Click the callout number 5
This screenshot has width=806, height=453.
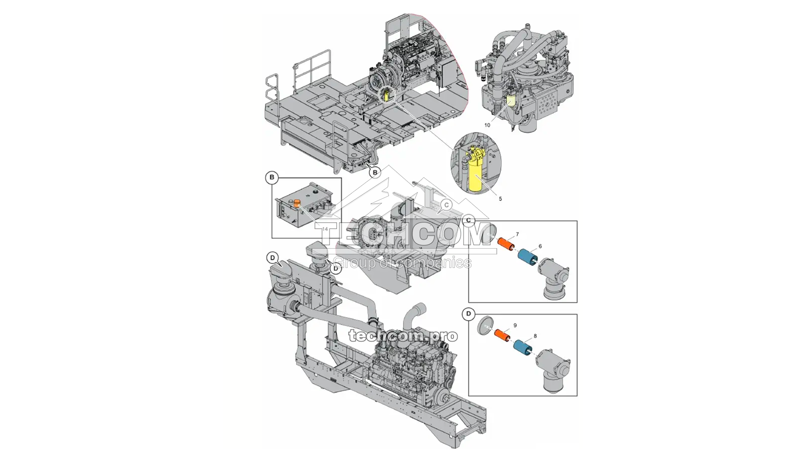500,199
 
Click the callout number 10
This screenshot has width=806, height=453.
487,125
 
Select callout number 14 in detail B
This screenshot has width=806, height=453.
325,229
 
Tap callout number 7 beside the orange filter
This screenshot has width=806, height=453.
517,235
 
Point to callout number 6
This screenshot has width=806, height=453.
540,247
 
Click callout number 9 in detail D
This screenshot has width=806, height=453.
515,326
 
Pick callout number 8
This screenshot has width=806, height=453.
535,336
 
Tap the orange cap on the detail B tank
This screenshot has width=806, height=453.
297,203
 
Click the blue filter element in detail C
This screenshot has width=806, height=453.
528,257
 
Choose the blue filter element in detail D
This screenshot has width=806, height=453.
523,347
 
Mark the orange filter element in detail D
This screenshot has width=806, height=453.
501,335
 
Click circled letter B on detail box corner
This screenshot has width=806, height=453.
272,177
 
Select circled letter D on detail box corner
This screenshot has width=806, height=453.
468,314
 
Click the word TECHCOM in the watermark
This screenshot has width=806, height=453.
403,236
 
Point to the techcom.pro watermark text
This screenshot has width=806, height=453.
403,336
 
